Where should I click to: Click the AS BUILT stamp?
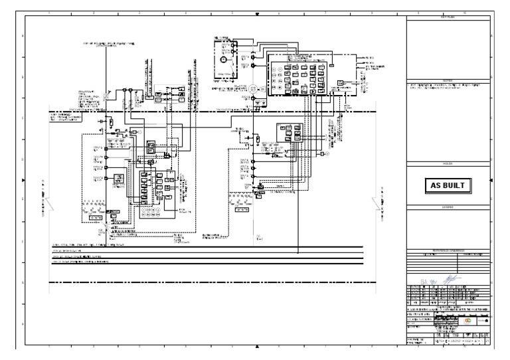click(448, 185)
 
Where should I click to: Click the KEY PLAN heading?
click(448, 17)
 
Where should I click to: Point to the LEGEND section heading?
click(448, 207)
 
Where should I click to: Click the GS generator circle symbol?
click(253, 88)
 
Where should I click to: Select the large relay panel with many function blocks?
click(298, 73)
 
